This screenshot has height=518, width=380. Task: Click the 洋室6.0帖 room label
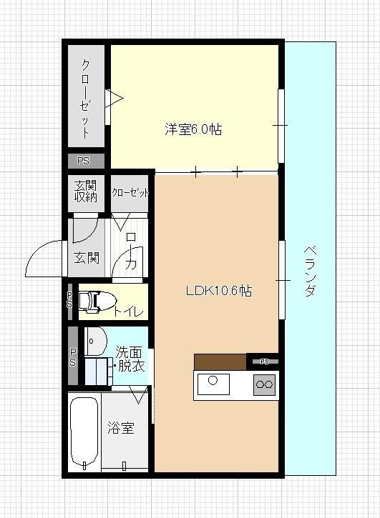click(x=193, y=129)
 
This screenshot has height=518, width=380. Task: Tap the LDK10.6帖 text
click(x=218, y=291)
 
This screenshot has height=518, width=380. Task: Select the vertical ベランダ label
click(x=310, y=271)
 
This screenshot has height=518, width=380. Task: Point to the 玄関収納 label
click(x=86, y=191)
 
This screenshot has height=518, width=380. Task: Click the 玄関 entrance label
click(x=86, y=258)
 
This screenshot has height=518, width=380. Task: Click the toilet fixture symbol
click(x=94, y=302)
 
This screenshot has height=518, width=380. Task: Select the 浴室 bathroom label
click(x=120, y=429)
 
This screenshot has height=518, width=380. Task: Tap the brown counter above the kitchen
click(x=220, y=362)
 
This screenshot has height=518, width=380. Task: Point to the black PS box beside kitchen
click(x=263, y=362)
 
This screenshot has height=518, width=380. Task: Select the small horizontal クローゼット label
click(x=130, y=193)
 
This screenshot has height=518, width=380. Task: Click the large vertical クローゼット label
click(x=86, y=96)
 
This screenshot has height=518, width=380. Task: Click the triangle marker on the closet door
click(x=115, y=96)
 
